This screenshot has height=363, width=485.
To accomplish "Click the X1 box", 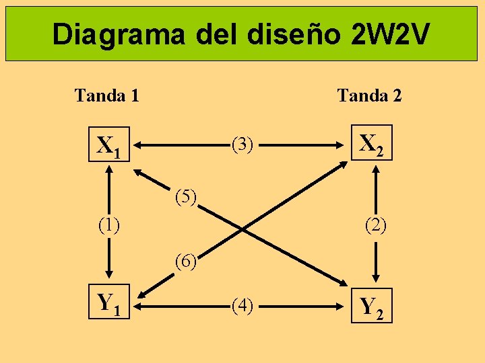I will (109, 145).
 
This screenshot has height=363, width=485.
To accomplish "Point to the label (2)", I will (375, 225).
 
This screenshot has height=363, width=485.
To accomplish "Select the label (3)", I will (242, 144).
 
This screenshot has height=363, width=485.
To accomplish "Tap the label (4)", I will (242, 307).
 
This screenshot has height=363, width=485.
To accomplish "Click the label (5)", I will (185, 198).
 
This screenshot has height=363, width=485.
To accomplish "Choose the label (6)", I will (185, 259).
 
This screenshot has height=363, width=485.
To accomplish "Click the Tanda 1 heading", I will (107, 95).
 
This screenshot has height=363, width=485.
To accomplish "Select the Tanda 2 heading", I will (370, 95).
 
